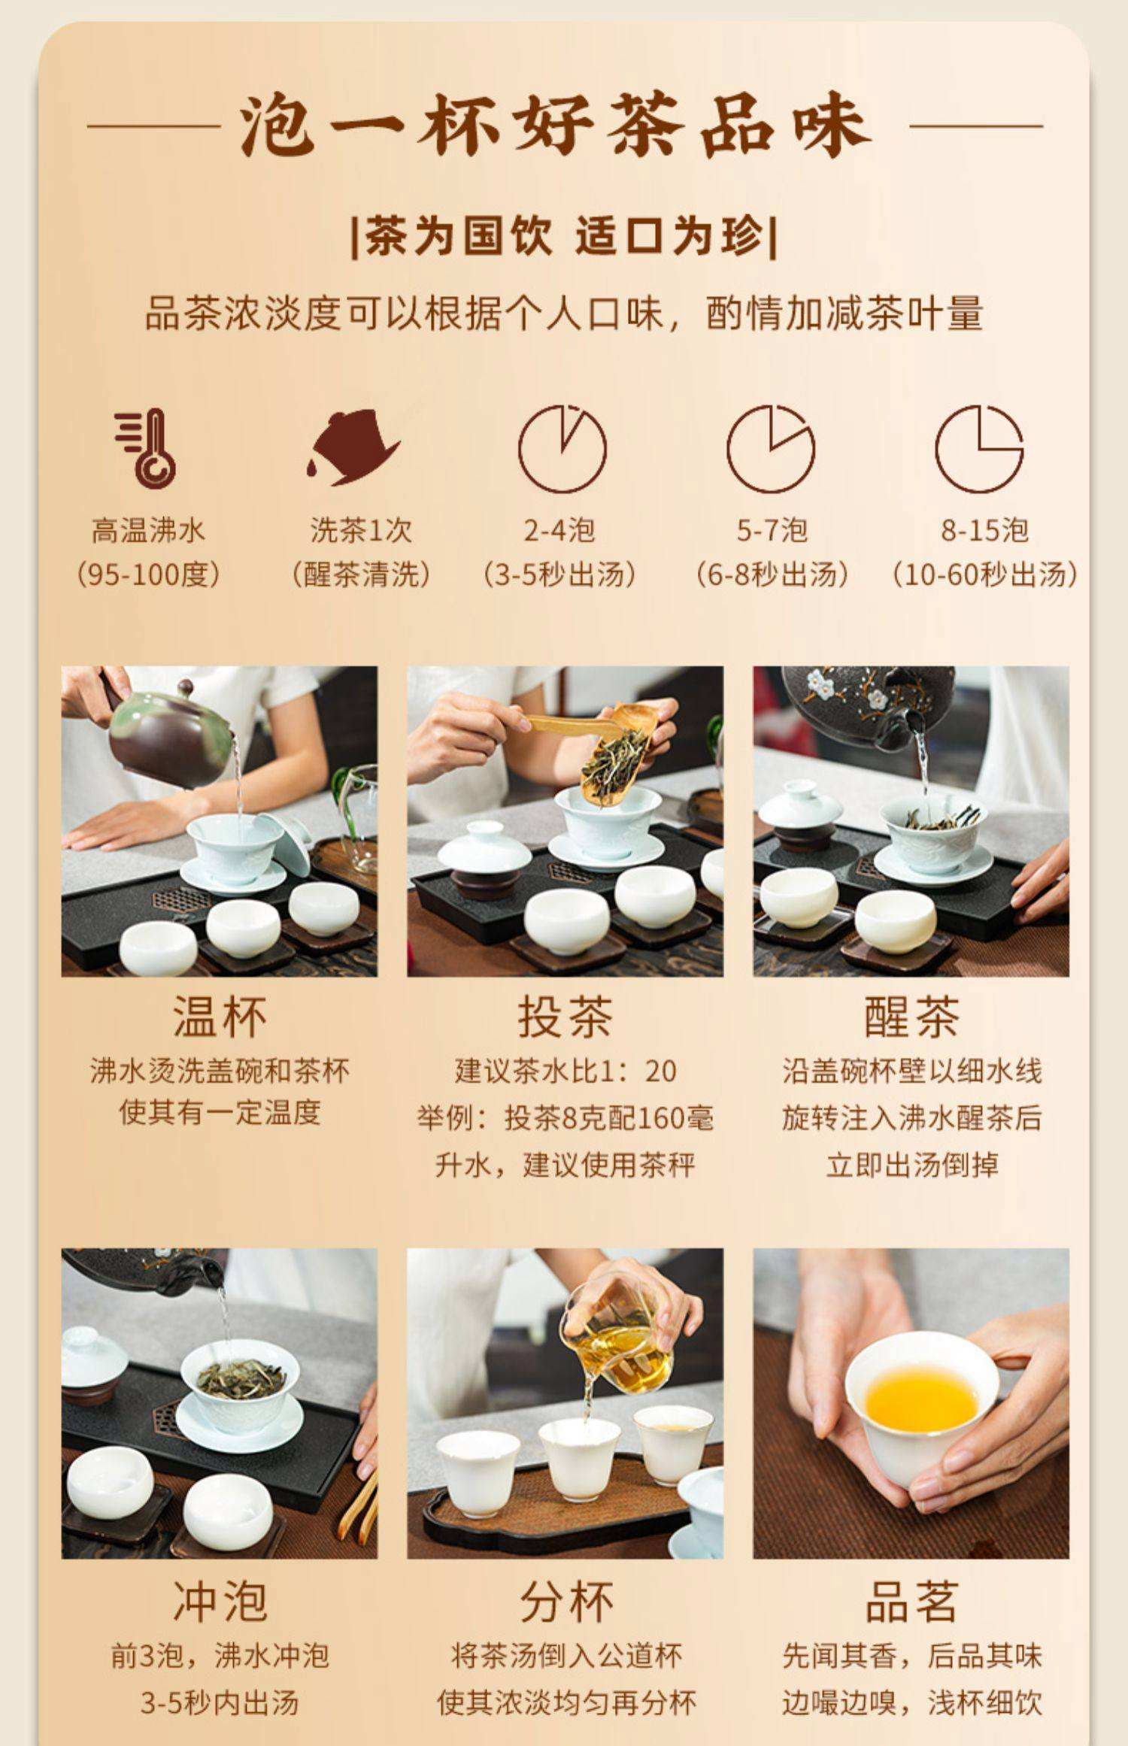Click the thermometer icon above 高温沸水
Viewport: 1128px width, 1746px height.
[146, 448]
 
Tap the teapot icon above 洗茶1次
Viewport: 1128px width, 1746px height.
[353, 447]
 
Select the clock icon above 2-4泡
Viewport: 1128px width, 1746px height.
[562, 448]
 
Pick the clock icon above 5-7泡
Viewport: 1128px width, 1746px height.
[771, 448]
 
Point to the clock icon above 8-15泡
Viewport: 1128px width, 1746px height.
[979, 448]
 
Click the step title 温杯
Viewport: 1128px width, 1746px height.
[220, 1017]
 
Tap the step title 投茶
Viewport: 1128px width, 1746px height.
[566, 1017]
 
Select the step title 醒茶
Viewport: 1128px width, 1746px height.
[911, 1017]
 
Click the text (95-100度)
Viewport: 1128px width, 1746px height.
[148, 575]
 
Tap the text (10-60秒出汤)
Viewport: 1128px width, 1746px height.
[984, 575]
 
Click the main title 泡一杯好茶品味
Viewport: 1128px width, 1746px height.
[555, 126]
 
